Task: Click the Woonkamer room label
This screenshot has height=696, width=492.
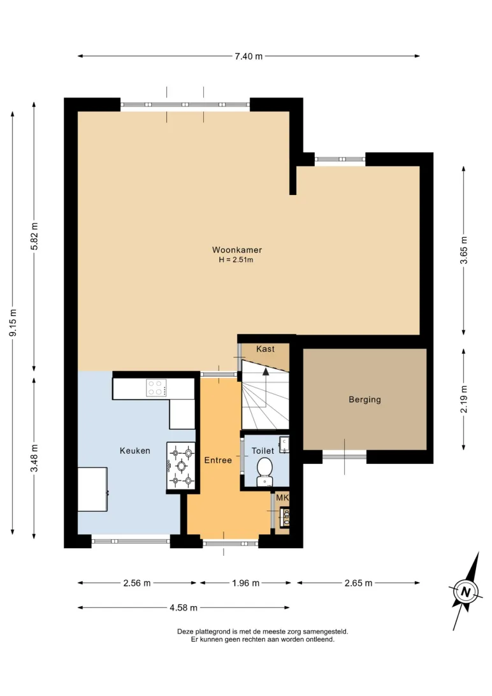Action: (x=237, y=250)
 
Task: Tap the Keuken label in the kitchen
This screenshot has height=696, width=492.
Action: (x=135, y=451)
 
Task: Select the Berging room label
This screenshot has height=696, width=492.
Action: (x=365, y=400)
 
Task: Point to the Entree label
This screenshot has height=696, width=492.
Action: (x=218, y=460)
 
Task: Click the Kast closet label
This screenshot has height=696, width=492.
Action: (x=265, y=349)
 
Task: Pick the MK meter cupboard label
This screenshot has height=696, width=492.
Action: (x=282, y=498)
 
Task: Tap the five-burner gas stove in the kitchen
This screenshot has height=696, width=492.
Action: (x=181, y=466)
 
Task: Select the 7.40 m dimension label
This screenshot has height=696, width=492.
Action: (x=249, y=56)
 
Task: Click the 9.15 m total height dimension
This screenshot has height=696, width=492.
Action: (x=13, y=323)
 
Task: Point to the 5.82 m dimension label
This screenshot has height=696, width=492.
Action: (x=34, y=236)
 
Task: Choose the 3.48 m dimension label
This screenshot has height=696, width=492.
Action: (x=34, y=458)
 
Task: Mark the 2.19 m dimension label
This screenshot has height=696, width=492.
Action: (x=463, y=399)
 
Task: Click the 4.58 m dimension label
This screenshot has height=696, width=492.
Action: (x=183, y=607)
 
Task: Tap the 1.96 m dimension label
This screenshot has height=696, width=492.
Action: (x=245, y=583)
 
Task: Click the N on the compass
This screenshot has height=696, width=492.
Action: (x=465, y=591)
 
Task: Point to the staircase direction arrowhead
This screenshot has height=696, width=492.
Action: (x=266, y=372)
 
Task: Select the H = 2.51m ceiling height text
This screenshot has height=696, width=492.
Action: (x=236, y=260)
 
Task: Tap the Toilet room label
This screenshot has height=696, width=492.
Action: (x=263, y=451)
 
